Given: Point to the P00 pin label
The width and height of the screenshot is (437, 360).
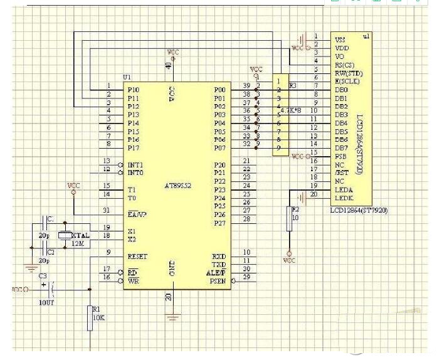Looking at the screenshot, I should (219, 90).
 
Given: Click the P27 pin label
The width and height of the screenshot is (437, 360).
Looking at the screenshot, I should (219, 223).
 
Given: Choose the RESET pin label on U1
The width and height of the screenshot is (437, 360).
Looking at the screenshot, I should (137, 257).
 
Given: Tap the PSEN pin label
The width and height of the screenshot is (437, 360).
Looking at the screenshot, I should (216, 282).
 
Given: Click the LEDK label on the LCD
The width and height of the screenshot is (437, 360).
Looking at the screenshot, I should (344, 199).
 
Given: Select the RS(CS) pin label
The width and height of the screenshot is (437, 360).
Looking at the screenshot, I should (345, 65).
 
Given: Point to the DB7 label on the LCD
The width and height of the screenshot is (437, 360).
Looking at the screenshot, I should (341, 147).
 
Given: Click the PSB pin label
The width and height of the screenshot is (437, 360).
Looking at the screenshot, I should (340, 156).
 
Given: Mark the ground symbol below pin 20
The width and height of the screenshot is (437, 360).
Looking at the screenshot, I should (171, 317).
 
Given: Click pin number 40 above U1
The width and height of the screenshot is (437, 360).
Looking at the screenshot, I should (168, 66).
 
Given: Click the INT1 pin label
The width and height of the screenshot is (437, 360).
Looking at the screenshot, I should (135, 164).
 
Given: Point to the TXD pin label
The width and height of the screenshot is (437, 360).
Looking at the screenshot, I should (219, 265).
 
